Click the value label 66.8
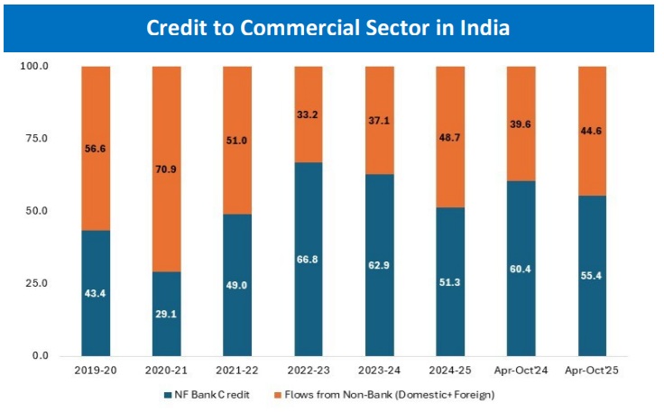click(x=309, y=260)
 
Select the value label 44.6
click(x=592, y=130)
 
